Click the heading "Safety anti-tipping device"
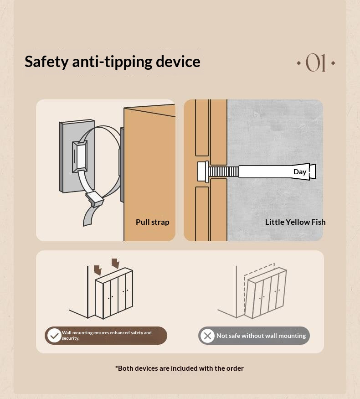[x=113, y=62]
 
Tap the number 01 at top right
[x=315, y=62]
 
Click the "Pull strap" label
[x=153, y=222]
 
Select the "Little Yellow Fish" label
[x=295, y=222]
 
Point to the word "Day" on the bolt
[x=300, y=172]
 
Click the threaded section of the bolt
[x=224, y=172]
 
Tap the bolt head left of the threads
[x=203, y=172]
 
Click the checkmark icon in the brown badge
[x=54, y=336]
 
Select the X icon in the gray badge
[x=207, y=336]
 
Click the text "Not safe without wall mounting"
[x=261, y=336]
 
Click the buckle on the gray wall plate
[x=80, y=156]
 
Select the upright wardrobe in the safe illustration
[x=114, y=293]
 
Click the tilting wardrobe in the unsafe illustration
[x=265, y=293]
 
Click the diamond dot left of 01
[x=299, y=63]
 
